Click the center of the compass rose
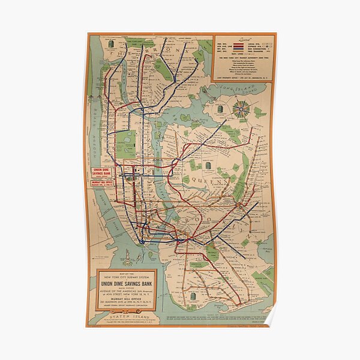coord(243,109)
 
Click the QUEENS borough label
coord(222,176)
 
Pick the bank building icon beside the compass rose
coord(220,109)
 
